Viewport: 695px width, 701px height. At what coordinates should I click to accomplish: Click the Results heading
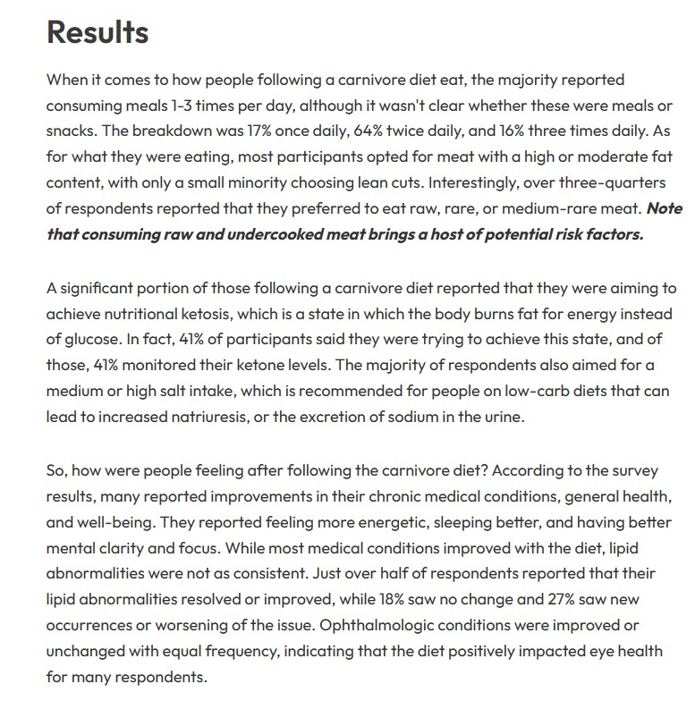pos(97,32)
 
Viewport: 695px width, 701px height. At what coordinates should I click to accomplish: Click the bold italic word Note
pos(663,208)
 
